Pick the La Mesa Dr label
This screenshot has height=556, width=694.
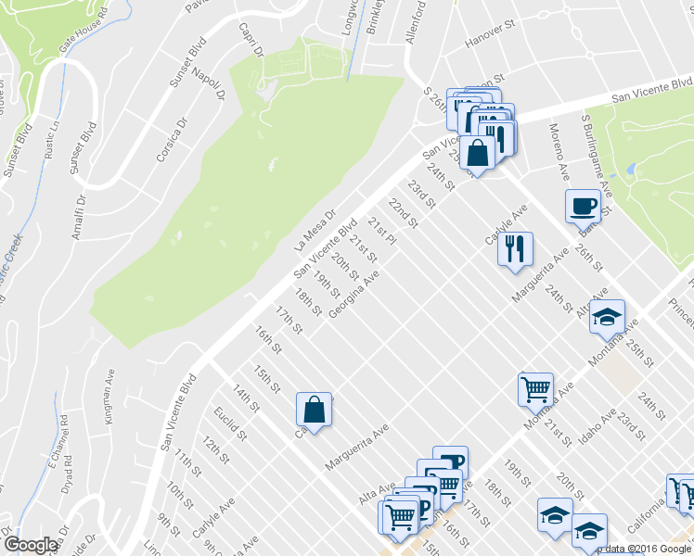[313, 232]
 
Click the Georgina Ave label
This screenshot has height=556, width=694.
[353, 295]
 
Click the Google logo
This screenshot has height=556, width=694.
[32, 545]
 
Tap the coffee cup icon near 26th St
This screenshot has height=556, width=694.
[583, 205]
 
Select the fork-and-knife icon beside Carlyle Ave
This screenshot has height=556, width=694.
[514, 247]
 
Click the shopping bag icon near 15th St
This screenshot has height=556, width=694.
[314, 409]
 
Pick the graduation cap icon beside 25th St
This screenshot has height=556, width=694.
[607, 317]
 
